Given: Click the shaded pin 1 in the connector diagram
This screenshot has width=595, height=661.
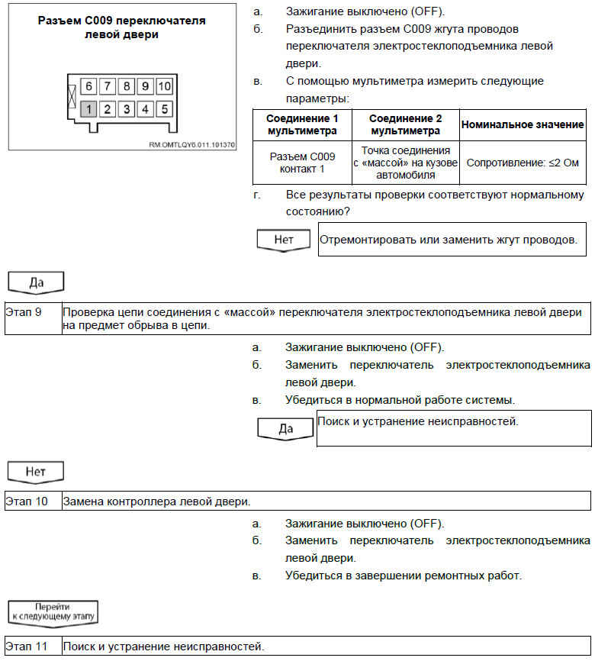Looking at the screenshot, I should pos(89,109).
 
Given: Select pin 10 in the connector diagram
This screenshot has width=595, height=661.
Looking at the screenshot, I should pos(164,86).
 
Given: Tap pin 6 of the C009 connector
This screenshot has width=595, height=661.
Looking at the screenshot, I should pos(89,86).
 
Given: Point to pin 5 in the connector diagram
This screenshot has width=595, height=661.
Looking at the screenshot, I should pos(164,109).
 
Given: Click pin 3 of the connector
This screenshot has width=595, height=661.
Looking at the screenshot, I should pos(127,109).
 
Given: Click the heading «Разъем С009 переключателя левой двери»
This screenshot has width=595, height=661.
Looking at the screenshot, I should pos(122,27).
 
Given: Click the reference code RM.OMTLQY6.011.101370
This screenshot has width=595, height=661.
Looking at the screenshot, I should pos(192,143).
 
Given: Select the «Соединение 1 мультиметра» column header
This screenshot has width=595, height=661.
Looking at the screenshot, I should pos(302,125).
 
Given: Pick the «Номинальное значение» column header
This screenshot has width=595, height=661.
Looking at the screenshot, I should pos(523,124).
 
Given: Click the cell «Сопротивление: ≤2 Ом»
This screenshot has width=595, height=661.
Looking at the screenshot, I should pos(523,163).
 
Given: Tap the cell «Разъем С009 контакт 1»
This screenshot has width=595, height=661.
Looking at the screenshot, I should pos(302,163).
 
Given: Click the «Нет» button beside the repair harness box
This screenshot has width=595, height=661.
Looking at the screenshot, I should pos(283,240).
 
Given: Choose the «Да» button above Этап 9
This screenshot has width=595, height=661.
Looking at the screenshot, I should pos(36,282).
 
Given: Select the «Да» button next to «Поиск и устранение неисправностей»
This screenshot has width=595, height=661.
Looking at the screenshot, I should pos(286,428).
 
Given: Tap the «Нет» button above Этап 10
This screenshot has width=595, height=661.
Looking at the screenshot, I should pos(36,472).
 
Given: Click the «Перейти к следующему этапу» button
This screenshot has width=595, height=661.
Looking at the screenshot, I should pos(53,611).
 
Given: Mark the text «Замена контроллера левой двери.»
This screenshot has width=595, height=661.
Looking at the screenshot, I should pos(156,501).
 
